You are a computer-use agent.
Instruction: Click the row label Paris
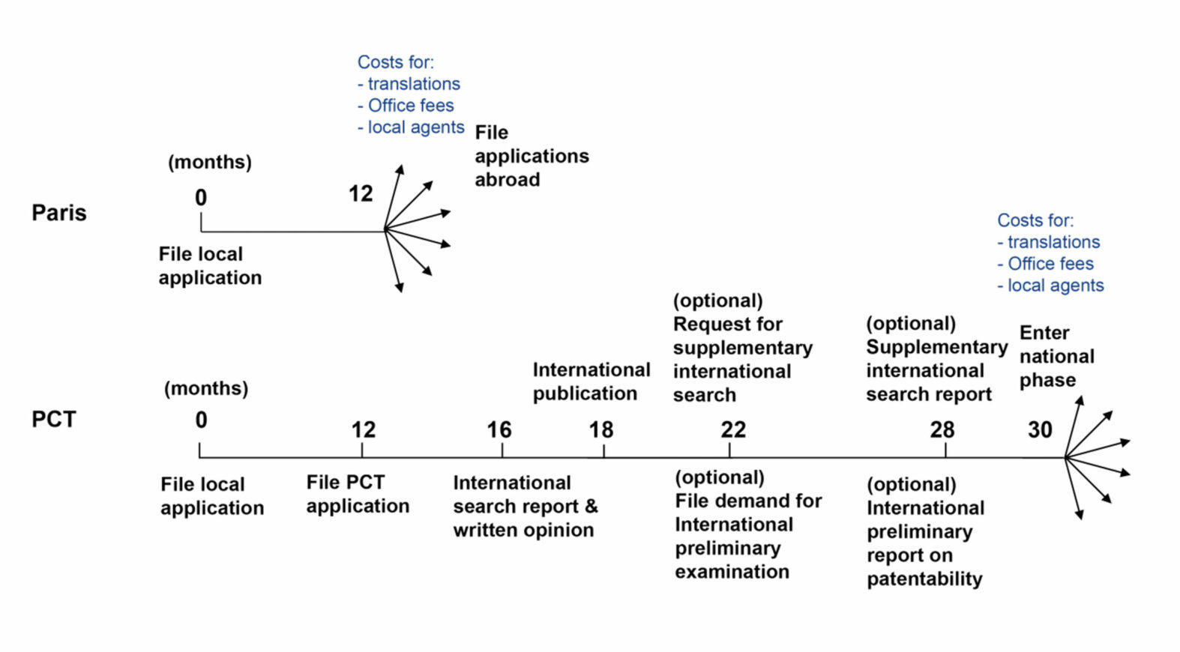coord(58,213)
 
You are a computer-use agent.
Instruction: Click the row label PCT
coord(53,419)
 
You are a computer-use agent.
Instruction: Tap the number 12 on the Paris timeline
coord(360,194)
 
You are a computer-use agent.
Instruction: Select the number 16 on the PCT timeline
coord(499,430)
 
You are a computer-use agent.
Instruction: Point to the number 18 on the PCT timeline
coord(600,430)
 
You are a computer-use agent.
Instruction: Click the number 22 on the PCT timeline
coord(733,430)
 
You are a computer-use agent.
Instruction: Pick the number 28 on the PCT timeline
coord(942,430)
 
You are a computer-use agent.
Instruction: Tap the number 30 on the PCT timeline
coord(1039,430)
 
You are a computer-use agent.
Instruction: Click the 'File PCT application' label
coord(358,494)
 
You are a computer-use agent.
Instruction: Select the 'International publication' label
coord(591,381)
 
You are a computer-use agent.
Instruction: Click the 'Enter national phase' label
coord(1056,356)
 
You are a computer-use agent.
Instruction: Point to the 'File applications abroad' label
coord(531,156)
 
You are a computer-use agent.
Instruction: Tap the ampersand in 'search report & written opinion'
coord(591,507)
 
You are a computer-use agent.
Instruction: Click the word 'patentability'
coord(924,579)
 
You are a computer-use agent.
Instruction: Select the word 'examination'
coord(732,572)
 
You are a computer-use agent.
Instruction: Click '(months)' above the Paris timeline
coord(209,162)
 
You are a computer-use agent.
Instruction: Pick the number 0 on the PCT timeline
coord(201,420)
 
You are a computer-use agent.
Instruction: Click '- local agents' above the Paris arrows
coord(411,127)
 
